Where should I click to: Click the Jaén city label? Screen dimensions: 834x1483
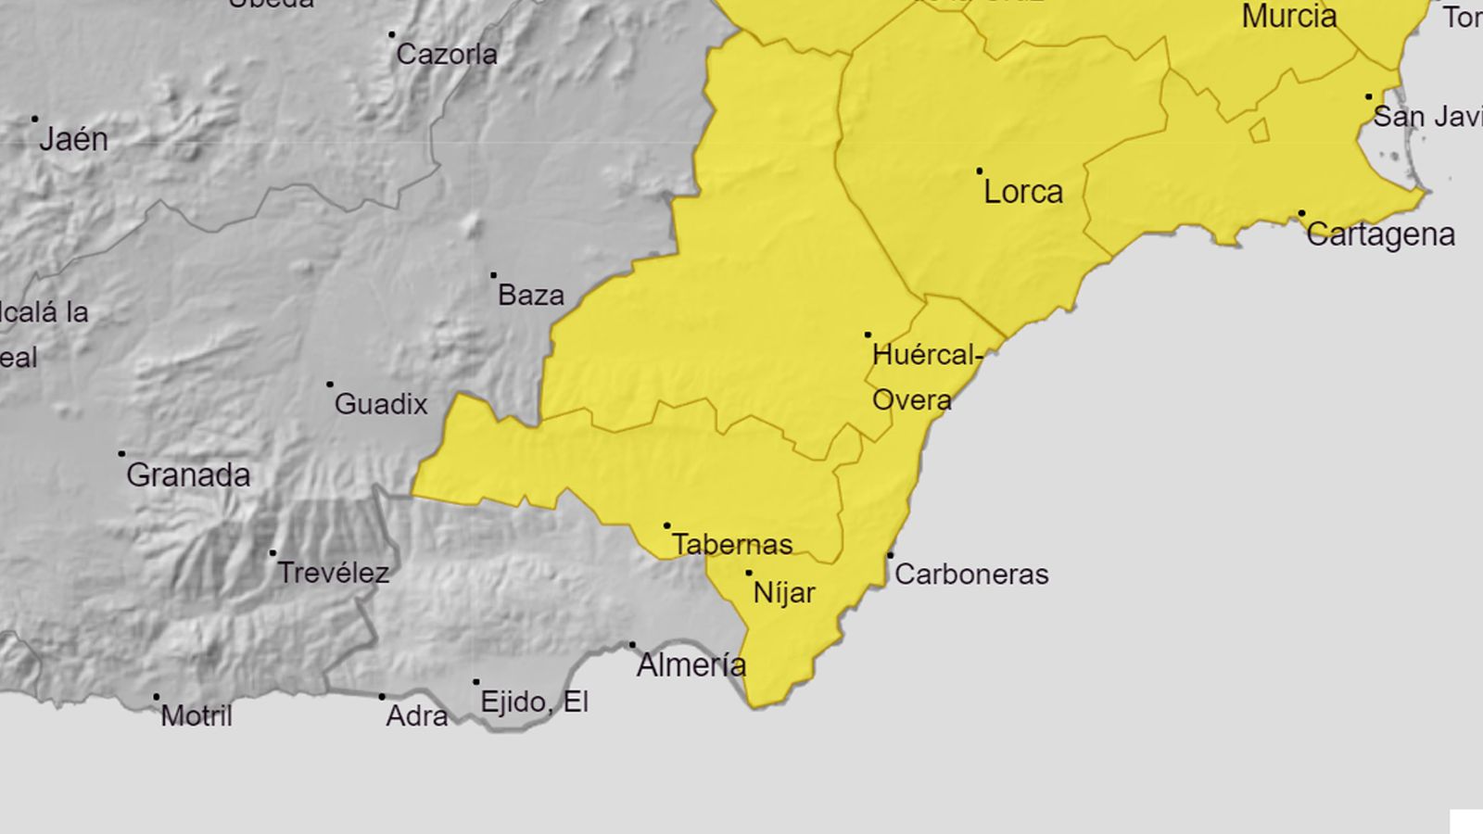(73, 139)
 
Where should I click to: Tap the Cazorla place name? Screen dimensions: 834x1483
(447, 55)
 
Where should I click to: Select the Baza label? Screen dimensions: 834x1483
(531, 296)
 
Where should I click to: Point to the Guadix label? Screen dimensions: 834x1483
(381, 404)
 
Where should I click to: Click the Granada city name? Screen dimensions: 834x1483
(188, 475)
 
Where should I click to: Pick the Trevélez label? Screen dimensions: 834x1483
(334, 573)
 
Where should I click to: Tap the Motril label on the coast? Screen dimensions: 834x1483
(196, 715)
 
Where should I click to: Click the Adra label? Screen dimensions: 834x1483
(417, 715)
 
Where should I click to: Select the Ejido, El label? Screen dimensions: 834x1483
(535, 701)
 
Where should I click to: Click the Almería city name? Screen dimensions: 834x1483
(691, 664)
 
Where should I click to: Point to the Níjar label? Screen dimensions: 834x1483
(784, 593)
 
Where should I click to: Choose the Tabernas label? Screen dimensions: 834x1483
(732, 544)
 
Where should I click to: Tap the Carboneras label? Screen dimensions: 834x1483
(971, 575)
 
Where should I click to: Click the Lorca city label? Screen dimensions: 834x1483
(1023, 192)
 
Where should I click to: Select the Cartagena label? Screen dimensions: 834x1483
(1380, 234)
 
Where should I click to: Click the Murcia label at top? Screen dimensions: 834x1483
(1289, 16)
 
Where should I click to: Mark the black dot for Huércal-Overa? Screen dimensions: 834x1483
(868, 335)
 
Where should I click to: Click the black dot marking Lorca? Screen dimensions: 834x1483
(980, 171)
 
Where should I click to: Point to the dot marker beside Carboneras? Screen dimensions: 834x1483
(890, 555)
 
